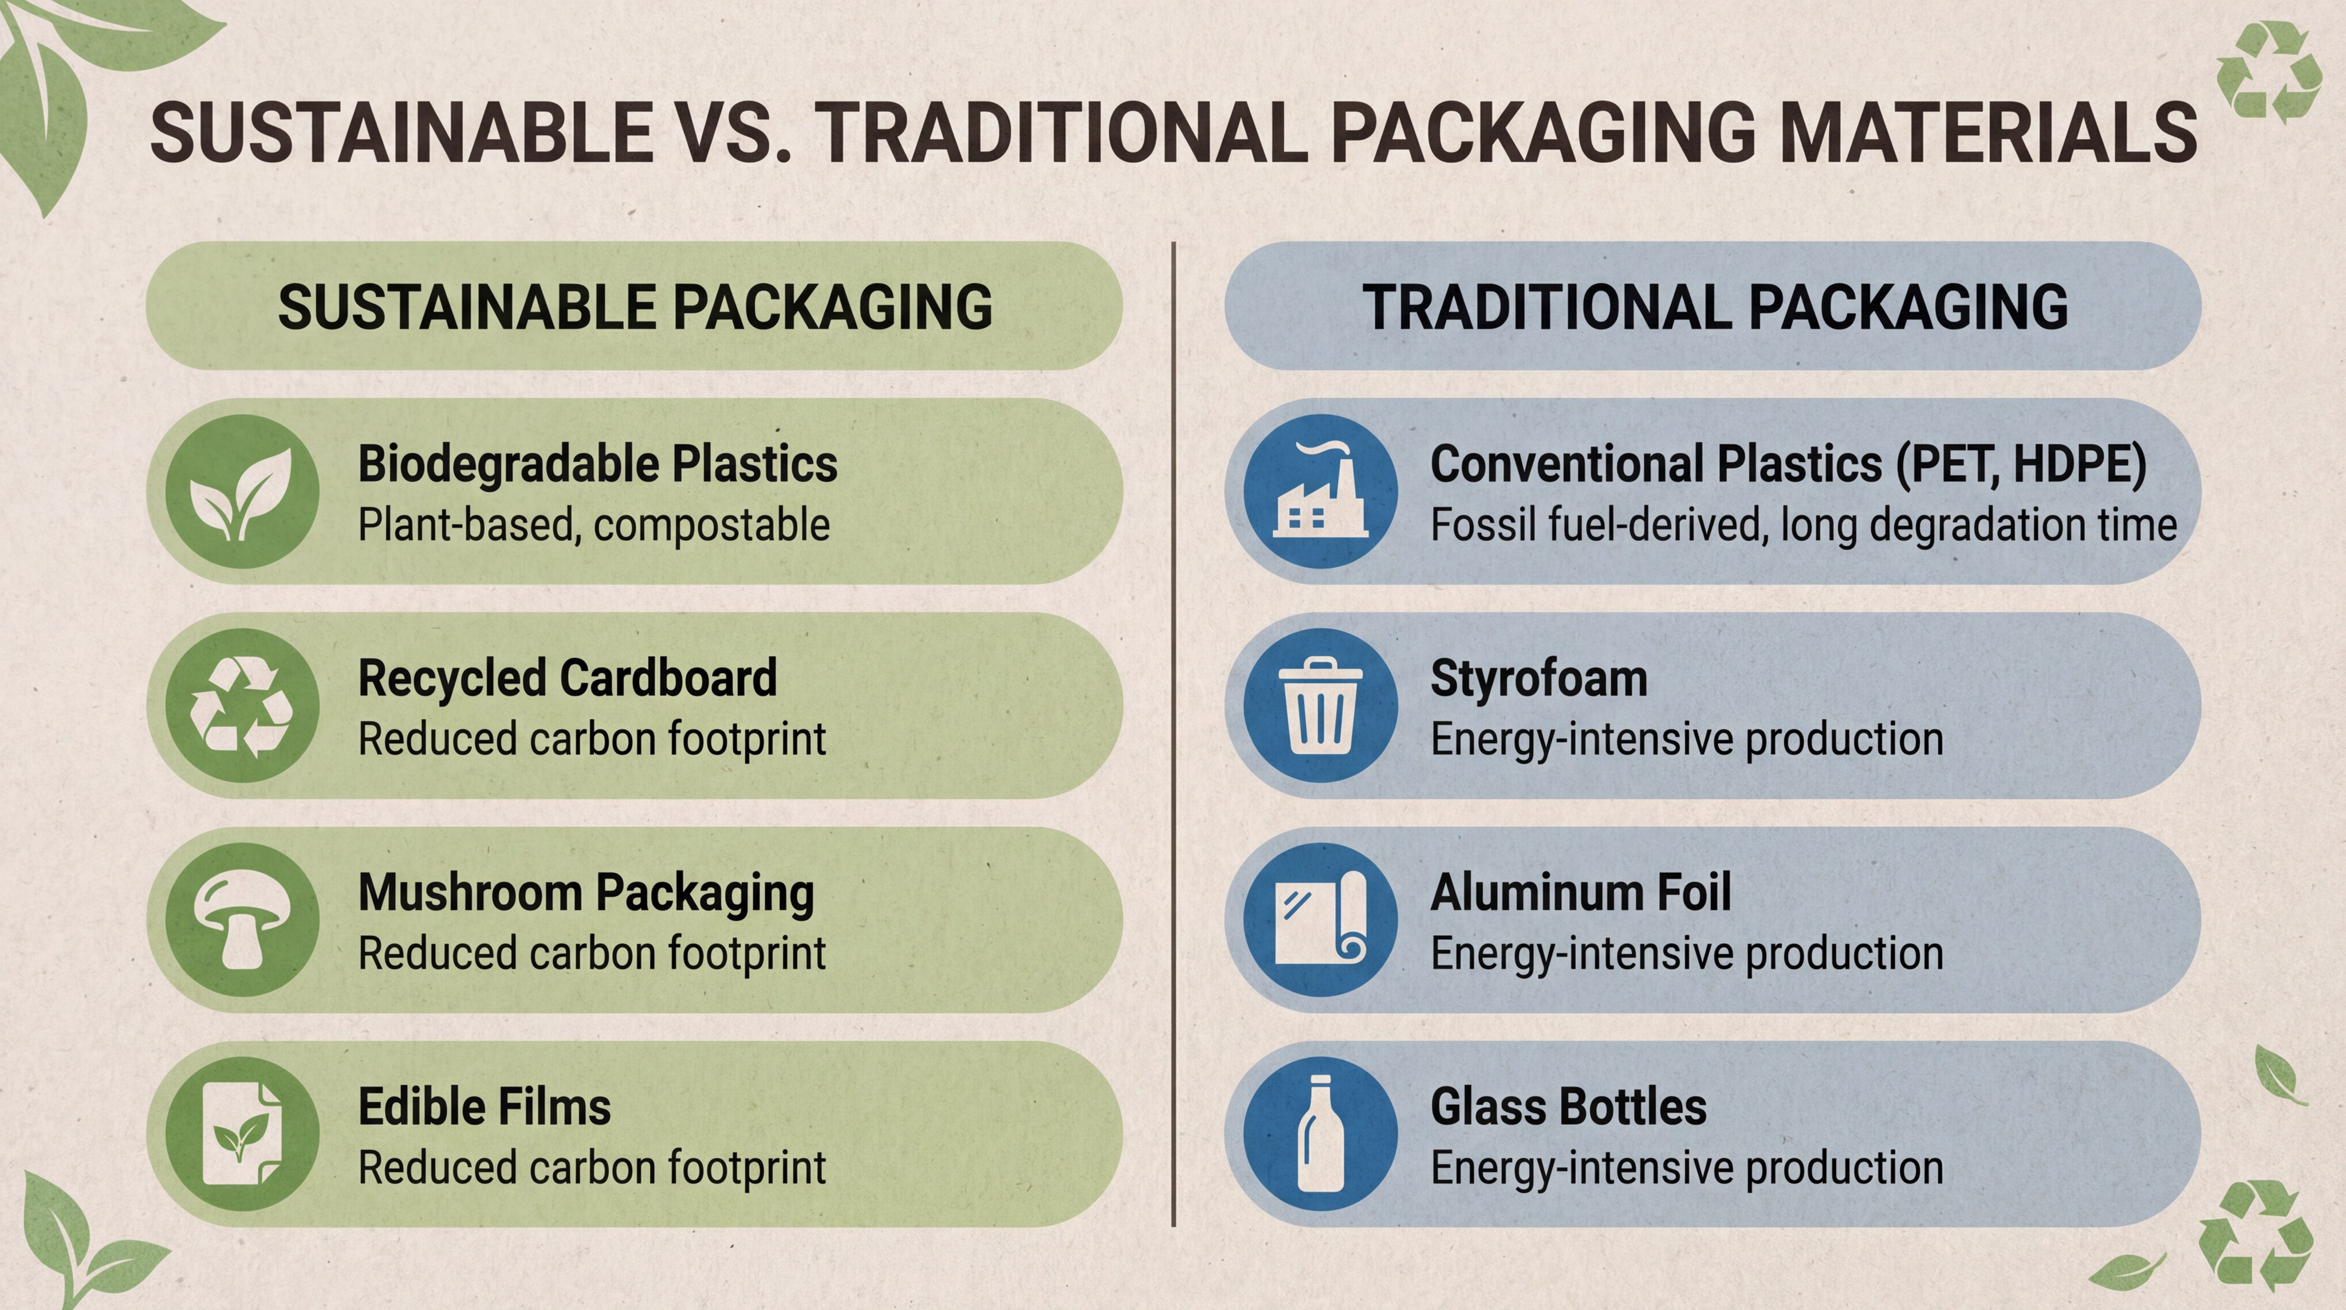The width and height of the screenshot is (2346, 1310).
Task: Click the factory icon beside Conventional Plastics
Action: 1320,492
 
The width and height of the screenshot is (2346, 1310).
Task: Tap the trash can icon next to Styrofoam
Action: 1320,705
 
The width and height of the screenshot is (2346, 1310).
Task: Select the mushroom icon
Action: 242,920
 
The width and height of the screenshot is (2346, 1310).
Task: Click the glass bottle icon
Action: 1320,1134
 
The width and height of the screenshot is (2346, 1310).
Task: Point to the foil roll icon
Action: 1320,920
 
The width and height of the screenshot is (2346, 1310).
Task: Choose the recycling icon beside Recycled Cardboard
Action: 242,705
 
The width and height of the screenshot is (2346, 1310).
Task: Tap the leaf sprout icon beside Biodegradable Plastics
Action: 242,492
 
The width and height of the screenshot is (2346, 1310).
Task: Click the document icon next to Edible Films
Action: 242,1134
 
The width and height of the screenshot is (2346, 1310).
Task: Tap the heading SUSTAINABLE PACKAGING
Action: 635,307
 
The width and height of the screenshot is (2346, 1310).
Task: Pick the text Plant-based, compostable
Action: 594,525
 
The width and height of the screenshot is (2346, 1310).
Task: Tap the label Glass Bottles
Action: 1568,1107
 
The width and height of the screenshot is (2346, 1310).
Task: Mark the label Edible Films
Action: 485,1107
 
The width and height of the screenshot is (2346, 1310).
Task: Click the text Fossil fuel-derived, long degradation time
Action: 1803,525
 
